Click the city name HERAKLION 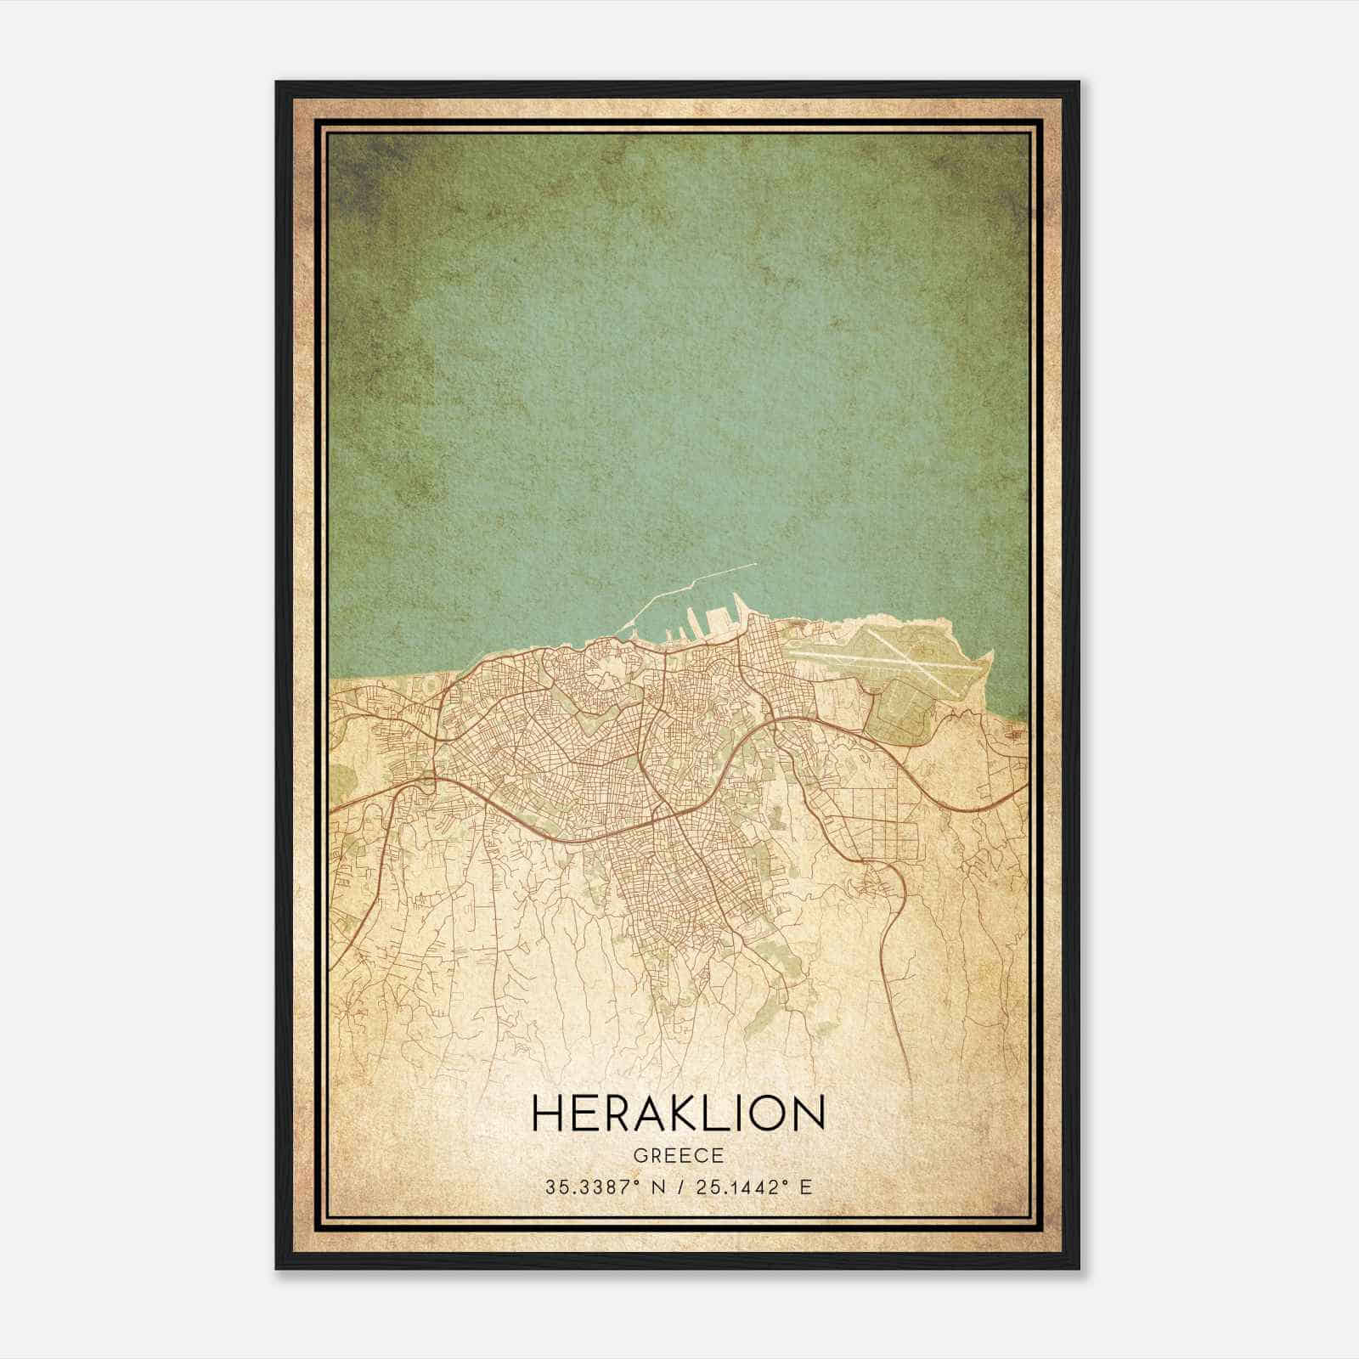[x=678, y=1113]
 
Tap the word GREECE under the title [x=678, y=1156]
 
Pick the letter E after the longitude [x=805, y=1187]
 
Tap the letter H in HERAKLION [x=547, y=1113]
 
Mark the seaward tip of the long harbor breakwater [x=754, y=564]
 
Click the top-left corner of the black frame [x=277, y=82]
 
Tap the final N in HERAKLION [x=809, y=1113]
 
